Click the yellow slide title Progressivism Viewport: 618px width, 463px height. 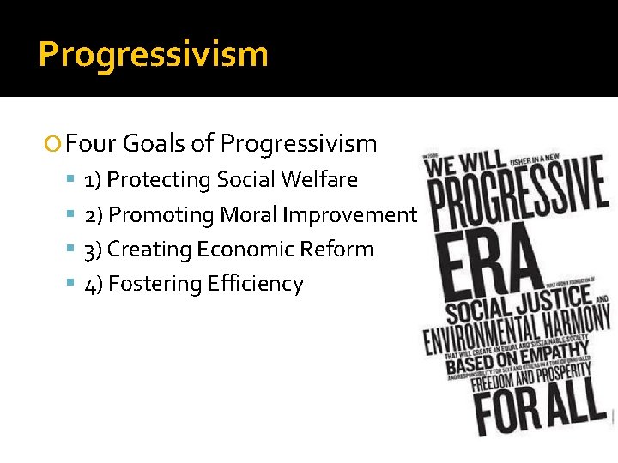pyautogui.click(x=154, y=54)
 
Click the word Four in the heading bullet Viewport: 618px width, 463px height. pyautogui.click(x=90, y=143)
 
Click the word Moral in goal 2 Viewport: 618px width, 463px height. pyautogui.click(x=251, y=215)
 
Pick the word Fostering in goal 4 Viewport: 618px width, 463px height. pyautogui.click(x=157, y=284)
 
